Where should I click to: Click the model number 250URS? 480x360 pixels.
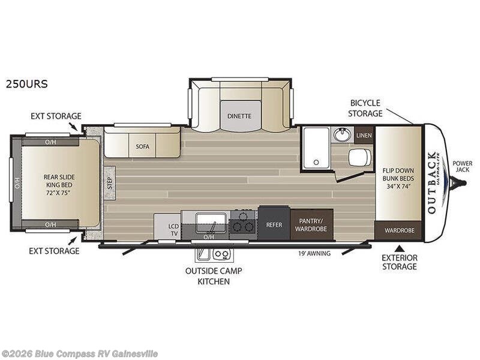(26, 85)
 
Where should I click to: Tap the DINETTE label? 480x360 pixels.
(239, 116)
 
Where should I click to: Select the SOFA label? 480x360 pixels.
(142, 146)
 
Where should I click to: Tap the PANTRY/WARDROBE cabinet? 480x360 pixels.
(312, 224)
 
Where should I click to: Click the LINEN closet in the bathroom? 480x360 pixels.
(364, 135)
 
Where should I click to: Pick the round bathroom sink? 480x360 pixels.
(342, 135)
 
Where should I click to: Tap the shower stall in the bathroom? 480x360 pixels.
(316, 148)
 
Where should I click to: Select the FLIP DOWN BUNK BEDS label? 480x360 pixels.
(398, 178)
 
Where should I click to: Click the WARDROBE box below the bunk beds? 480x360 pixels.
(398, 230)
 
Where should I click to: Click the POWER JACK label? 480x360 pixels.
(462, 166)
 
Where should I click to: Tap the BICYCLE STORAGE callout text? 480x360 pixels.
(365, 108)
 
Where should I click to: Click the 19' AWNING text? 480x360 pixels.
(314, 253)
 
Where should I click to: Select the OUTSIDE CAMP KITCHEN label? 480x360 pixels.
(213, 275)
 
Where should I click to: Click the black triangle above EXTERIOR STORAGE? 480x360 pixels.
(399, 247)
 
